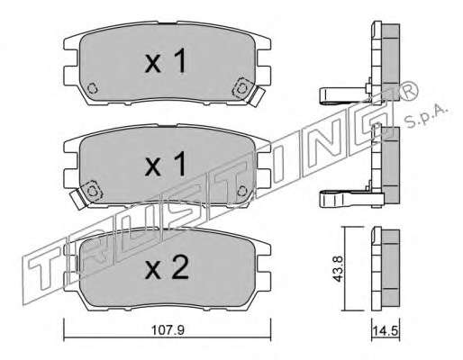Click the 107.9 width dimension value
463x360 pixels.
point(168,330)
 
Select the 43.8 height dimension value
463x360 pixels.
point(338,268)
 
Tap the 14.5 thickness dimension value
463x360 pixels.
point(386,331)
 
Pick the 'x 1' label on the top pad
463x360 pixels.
point(165,61)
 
